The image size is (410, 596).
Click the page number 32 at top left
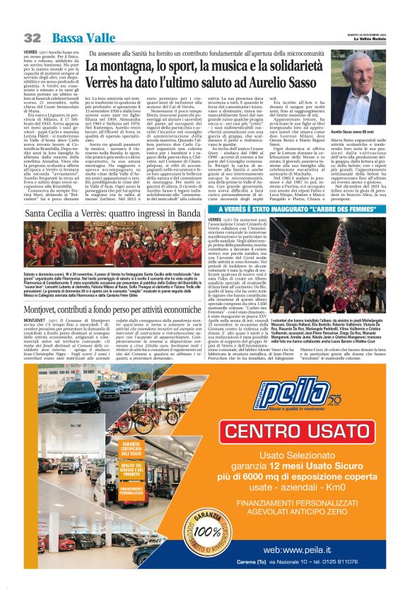[33, 38]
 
